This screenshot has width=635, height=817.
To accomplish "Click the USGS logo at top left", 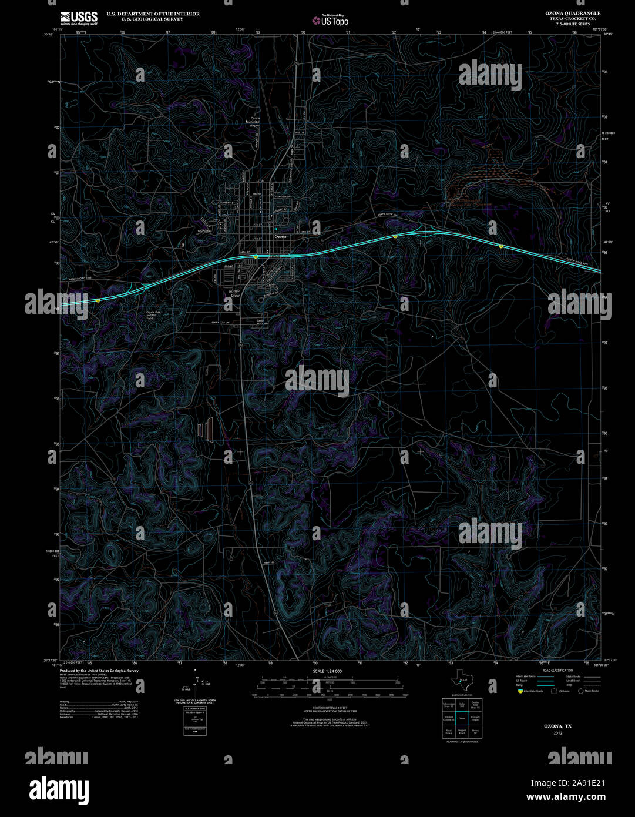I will [x=78, y=18].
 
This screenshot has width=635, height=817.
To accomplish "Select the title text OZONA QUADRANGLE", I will [x=564, y=13].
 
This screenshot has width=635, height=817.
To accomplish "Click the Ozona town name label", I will [x=280, y=236].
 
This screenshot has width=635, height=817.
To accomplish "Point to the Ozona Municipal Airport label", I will [x=255, y=122].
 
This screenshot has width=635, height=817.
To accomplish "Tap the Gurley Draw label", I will [x=234, y=293].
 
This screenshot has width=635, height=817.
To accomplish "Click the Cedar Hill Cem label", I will [x=262, y=322].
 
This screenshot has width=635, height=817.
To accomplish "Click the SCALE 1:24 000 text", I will [x=327, y=671].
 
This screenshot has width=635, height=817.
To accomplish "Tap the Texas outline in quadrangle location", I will [x=461, y=681].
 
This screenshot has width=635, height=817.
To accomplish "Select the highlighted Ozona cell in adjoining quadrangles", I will [x=462, y=718].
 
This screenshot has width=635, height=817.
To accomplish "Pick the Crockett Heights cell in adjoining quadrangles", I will [x=475, y=718].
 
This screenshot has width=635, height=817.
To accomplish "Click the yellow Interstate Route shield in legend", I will [x=520, y=691].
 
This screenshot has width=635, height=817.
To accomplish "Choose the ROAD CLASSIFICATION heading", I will [x=557, y=671].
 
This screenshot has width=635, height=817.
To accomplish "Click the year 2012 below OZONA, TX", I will [x=557, y=733].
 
